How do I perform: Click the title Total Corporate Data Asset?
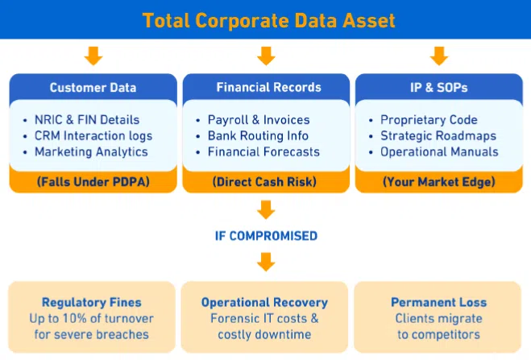(268, 20)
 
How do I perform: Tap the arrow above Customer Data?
(93, 56)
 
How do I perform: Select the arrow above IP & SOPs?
(439, 56)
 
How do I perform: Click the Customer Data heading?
(93, 88)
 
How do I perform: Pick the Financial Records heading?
(268, 87)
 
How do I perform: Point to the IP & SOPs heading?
(439, 88)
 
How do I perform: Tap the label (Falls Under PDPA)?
(93, 182)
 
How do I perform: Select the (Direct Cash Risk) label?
(264, 182)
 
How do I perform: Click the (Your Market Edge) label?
(439, 182)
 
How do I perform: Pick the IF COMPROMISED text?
(266, 236)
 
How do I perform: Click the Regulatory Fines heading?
(91, 302)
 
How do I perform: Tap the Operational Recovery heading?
(264, 302)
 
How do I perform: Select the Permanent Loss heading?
(439, 302)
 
